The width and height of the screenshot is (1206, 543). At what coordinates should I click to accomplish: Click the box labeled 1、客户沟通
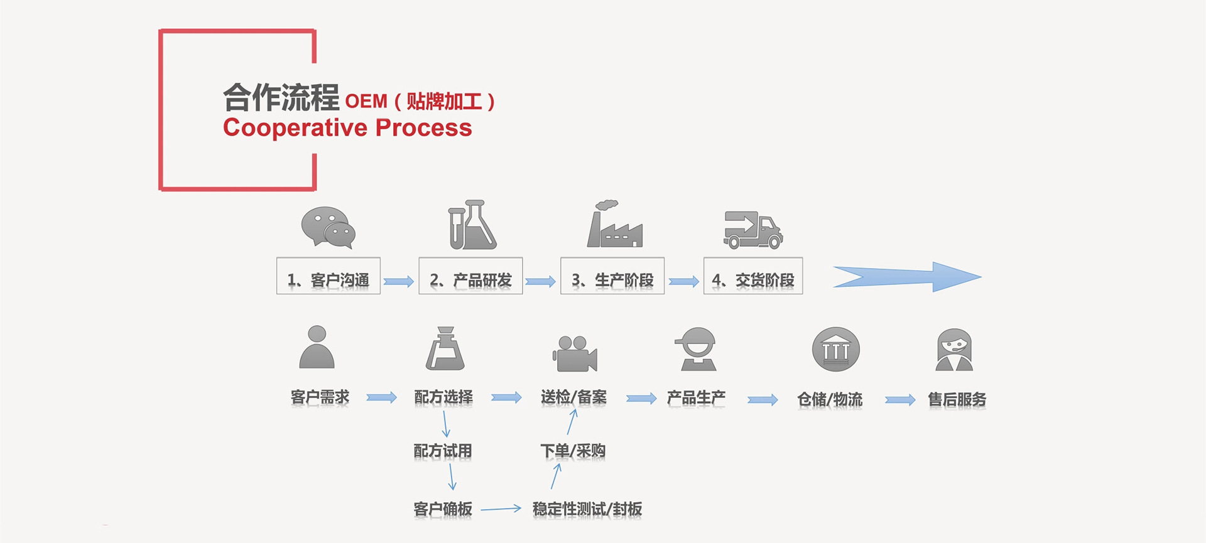point(329,276)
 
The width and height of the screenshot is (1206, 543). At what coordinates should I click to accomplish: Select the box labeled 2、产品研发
point(470,276)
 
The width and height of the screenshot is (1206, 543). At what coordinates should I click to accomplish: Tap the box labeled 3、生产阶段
point(612,276)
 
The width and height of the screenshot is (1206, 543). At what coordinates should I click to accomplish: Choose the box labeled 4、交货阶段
point(753,276)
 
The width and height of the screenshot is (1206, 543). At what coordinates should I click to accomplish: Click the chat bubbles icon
point(328,227)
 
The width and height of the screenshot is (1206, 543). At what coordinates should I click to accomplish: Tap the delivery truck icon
point(752,229)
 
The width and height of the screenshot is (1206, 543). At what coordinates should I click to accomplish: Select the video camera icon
point(575,353)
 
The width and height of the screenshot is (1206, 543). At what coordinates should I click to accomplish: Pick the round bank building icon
point(835,350)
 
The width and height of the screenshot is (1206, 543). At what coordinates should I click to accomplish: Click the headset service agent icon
point(954,350)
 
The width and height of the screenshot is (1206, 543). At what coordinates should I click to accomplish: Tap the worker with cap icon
point(698,349)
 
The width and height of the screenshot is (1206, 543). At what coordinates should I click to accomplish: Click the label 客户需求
point(320,397)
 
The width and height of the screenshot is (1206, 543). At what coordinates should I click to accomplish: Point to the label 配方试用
point(443,451)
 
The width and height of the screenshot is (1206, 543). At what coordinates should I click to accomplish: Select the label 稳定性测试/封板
point(587,509)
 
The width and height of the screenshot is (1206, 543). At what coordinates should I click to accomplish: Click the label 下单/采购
point(573,451)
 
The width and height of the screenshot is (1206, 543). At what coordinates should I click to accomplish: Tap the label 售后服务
point(957,399)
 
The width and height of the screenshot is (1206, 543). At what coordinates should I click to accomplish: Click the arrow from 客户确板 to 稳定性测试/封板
point(501,509)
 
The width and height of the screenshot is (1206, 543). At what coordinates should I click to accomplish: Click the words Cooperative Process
point(347,128)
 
